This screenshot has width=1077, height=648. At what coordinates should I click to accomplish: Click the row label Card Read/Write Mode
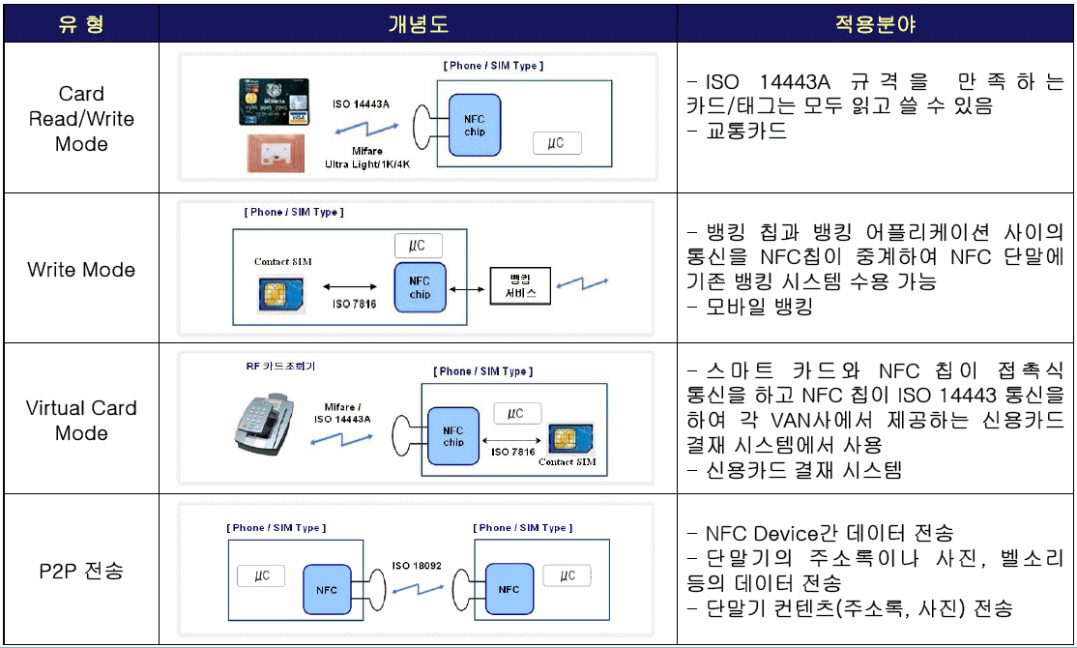81,119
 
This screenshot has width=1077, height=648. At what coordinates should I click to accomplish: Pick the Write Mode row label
81,270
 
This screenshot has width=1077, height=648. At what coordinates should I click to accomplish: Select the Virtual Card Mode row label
81,420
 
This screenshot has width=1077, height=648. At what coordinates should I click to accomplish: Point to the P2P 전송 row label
81,571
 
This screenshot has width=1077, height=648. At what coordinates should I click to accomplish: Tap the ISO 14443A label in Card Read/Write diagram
361,103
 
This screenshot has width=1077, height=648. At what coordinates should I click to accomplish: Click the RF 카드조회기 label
280,367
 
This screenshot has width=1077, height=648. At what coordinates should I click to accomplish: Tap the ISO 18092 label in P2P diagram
416,565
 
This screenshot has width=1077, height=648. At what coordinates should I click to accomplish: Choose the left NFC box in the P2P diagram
327,589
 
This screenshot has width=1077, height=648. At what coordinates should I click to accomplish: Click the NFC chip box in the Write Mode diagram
420,287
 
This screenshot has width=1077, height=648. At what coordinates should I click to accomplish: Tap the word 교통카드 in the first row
747,131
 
